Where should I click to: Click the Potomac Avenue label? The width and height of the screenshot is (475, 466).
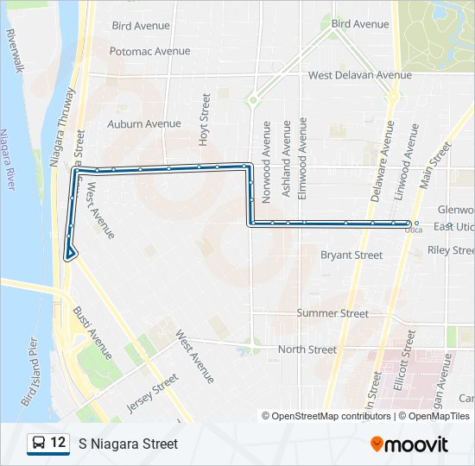pyautogui.click(x=149, y=51)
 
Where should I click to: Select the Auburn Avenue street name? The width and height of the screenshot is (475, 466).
pyautogui.click(x=144, y=123)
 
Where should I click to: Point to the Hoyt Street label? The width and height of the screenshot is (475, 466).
pyautogui.click(x=206, y=118)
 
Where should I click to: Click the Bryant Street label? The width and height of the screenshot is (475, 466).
pyautogui.click(x=351, y=255)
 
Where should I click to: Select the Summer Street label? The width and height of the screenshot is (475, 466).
pyautogui.click(x=332, y=313)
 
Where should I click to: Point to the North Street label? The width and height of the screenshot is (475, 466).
pyautogui.click(x=307, y=349)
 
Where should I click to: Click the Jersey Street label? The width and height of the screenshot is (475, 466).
pyautogui.click(x=152, y=393)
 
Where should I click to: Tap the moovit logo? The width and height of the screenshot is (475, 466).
pyautogui.click(x=409, y=444)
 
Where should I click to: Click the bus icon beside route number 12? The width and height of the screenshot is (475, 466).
pyautogui.click(x=38, y=444)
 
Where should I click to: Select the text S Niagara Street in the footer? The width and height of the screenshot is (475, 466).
pyautogui.click(x=128, y=444)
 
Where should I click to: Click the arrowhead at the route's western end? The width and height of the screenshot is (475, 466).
pyautogui.click(x=69, y=253)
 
